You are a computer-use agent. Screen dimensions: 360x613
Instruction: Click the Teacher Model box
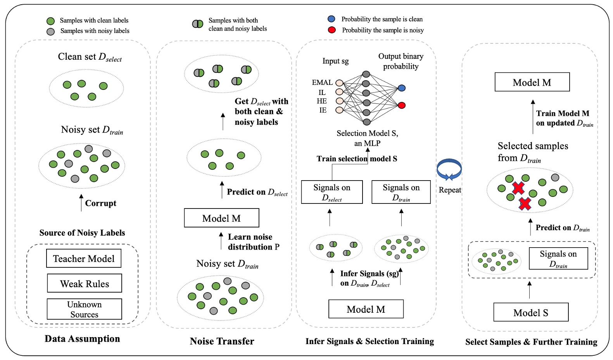point(83,258)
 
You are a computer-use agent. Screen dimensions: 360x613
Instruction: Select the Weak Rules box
point(84,283)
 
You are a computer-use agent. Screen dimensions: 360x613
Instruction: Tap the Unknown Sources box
point(84,309)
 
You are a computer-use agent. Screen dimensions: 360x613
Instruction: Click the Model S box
point(530,312)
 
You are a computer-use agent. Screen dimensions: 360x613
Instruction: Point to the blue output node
point(402,88)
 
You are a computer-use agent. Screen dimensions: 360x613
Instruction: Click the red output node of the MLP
point(402,105)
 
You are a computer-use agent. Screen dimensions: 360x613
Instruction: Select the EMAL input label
point(322,83)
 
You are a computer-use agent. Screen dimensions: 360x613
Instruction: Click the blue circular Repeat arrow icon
point(449,170)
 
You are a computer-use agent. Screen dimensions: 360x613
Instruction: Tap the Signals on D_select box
point(332,192)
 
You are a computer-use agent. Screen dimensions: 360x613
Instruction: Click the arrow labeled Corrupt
point(81,203)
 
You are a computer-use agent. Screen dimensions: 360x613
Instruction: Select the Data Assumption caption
point(82,339)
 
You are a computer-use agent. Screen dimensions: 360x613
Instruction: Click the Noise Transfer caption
point(222,341)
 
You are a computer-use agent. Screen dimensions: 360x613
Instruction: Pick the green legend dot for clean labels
point(50,21)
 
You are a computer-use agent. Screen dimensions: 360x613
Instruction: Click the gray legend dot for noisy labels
point(50,31)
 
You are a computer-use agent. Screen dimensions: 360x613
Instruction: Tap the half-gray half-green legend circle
point(198,24)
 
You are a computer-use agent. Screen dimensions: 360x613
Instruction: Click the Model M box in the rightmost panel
point(532,82)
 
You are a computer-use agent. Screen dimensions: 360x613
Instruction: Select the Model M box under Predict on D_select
point(221,218)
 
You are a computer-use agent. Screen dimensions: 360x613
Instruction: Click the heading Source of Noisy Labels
point(82,233)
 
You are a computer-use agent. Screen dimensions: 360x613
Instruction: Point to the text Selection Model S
point(367,133)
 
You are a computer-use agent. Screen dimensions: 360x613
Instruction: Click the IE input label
point(323,110)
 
